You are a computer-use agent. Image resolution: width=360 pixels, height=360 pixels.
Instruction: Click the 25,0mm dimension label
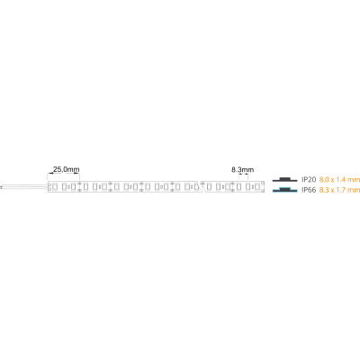pos(66,169)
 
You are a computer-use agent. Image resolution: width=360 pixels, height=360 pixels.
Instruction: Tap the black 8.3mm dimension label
pos(242,170)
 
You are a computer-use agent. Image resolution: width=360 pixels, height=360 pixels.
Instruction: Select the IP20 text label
pos(309,180)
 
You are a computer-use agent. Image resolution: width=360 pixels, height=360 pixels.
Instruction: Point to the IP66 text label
pos(309,190)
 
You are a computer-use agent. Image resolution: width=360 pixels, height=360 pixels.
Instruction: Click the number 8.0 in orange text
pos(324,180)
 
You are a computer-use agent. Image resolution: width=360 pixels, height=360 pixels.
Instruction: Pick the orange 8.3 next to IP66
pos(324,190)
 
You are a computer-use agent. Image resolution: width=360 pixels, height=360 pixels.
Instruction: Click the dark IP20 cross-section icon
pos(284,179)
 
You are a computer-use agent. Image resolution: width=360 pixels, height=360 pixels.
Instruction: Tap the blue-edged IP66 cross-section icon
pos(284,190)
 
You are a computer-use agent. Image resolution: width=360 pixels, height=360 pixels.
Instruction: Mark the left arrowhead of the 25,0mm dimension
pos(49,174)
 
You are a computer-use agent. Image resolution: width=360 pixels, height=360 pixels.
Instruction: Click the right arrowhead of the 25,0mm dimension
pos(77,174)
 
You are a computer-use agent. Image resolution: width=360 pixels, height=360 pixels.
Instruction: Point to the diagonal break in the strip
pos(202,186)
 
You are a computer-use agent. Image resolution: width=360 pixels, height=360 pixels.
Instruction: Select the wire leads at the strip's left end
pos(24,187)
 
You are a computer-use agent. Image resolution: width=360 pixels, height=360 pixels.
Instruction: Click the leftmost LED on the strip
pos(55,187)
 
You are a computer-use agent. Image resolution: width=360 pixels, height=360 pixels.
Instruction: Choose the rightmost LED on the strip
pos(256,187)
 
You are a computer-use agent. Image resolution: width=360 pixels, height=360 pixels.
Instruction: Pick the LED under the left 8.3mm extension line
pos(238,187)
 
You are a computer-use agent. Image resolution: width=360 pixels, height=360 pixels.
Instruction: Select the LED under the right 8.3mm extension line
pos(248,187)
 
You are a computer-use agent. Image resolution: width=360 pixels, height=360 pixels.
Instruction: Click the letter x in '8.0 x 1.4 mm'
pos(332,180)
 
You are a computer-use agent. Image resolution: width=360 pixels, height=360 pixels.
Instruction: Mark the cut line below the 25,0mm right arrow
pos(79,186)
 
